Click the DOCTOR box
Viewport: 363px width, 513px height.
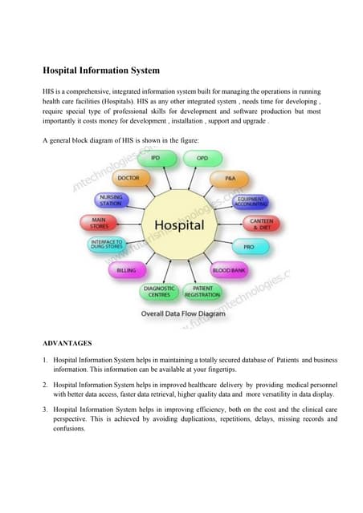click(x=128, y=178)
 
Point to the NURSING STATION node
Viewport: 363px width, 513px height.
click(x=111, y=200)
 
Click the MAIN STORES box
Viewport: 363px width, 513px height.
click(x=100, y=222)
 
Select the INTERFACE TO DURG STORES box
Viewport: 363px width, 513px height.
click(x=107, y=244)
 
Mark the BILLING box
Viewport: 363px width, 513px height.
click(x=125, y=271)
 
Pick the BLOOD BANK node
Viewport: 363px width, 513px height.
click(x=228, y=271)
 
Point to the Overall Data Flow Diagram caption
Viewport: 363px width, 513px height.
click(x=183, y=313)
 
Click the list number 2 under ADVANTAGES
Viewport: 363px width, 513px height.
click(x=46, y=386)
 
